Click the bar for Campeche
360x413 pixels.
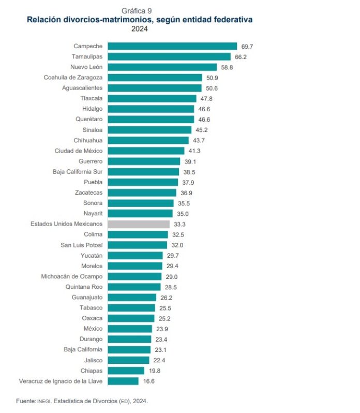coord(172,46)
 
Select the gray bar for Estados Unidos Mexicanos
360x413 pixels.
coord(139,224)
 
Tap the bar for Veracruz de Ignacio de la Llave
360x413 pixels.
coord(123,381)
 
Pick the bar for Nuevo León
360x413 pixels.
coord(162,67)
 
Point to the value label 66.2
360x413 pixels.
coord(241,57)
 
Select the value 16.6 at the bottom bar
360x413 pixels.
coord(149,381)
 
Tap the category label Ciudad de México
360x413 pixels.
coord(78,151)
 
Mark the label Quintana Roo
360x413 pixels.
coord(84,287)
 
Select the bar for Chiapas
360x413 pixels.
coord(126,371)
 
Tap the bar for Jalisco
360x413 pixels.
coord(129,360)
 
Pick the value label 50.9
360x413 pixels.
coord(213,78)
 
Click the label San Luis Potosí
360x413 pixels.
coord(80,245)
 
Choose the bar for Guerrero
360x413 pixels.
coord(144,161)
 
